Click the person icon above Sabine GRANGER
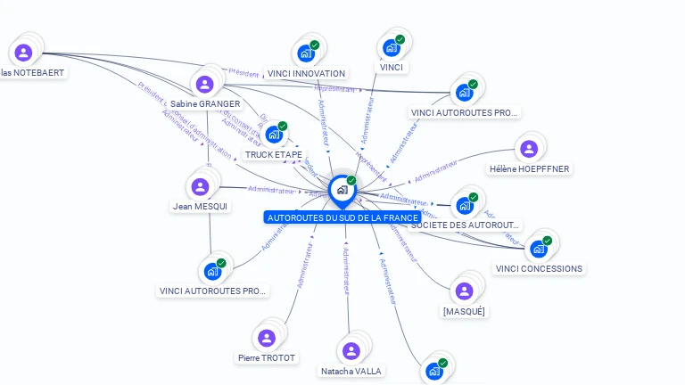205,85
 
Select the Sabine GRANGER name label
205,104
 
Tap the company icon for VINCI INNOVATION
306,53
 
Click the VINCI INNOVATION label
306,74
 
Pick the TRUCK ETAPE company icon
274,134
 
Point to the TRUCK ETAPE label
274,155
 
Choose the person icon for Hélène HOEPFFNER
529,149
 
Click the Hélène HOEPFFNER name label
529,169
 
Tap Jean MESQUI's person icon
200,186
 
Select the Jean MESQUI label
200,207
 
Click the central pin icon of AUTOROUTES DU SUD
342,190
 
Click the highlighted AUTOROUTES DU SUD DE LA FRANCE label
342,217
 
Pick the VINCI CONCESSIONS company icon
538,248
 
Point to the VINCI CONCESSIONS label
539,269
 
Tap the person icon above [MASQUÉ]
464,291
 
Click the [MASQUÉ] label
464,312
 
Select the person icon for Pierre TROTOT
266,338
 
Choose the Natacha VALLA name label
351,371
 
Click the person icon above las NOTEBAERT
24,53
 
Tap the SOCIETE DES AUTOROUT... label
465,225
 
